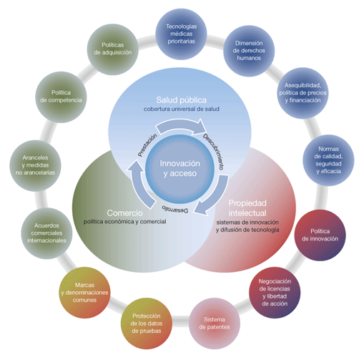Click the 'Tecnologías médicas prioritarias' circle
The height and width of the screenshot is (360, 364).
[x=181, y=34]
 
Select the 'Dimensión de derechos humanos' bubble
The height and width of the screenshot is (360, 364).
[x=249, y=51]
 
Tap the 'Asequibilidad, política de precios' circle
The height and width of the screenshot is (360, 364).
[x=302, y=93]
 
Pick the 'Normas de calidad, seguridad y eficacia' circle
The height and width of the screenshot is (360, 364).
[x=328, y=160]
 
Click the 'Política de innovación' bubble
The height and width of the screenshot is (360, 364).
[x=320, y=235]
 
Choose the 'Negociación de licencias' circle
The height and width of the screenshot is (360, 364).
[x=275, y=293]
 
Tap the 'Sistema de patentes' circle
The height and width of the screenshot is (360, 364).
[x=215, y=323]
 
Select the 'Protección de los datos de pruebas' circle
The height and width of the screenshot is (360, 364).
[x=147, y=323]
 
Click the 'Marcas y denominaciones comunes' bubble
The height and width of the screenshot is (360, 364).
[x=84, y=293]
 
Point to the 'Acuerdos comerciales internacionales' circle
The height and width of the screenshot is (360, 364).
[x=46, y=233]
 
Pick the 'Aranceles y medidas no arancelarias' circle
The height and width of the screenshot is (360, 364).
[x=35, y=165]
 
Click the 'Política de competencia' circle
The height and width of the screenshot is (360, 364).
[x=61, y=97]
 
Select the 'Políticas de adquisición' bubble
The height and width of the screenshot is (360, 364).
[x=112, y=49]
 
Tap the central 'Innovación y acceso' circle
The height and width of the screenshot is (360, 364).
[x=180, y=169]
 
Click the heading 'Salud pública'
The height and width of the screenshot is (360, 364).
[x=182, y=100]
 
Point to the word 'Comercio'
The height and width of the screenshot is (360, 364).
[x=124, y=213]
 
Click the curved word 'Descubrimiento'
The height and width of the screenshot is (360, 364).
[x=214, y=151]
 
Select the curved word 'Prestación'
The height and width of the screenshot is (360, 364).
[x=147, y=145]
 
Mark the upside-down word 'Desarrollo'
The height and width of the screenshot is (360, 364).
[x=175, y=208]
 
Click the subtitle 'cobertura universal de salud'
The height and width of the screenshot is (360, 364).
[x=182, y=109]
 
